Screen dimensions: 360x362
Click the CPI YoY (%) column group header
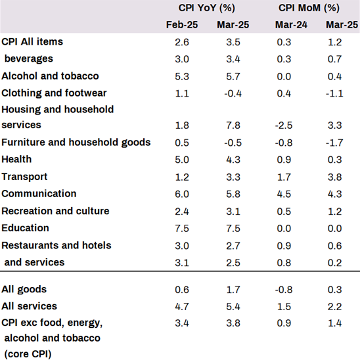pyautogui.click(x=207, y=8)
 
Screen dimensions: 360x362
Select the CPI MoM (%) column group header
pyautogui.click(x=309, y=8)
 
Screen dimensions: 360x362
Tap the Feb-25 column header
pyautogui.click(x=182, y=25)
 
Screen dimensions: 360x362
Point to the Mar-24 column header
pyautogui.click(x=291, y=25)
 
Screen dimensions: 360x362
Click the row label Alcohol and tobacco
pyautogui.click(x=50, y=76)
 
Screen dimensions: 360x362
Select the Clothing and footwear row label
pyautogui.click(x=54, y=93)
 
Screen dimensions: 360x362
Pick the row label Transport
pyautogui.click(x=24, y=177)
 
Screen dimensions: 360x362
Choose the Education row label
pyautogui.click(x=25, y=228)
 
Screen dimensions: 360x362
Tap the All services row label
pyautogui.click(x=29, y=306)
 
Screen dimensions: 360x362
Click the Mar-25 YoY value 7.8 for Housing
pyautogui.click(x=233, y=125)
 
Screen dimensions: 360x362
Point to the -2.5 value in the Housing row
pyautogui.click(x=284, y=125)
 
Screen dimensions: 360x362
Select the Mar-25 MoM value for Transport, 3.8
pyautogui.click(x=335, y=177)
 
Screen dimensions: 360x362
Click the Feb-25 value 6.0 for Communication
pyautogui.click(x=182, y=194)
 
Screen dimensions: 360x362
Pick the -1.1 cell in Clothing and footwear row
pyautogui.click(x=334, y=93)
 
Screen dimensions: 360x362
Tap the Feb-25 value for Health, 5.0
pyautogui.click(x=182, y=160)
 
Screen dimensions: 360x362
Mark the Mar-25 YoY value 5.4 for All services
pyautogui.click(x=233, y=307)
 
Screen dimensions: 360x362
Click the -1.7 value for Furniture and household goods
pyautogui.click(x=334, y=143)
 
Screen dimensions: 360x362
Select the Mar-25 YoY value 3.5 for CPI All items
pyautogui.click(x=233, y=42)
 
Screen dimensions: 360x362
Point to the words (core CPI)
pyautogui.click(x=28, y=354)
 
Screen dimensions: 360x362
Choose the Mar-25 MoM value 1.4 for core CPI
pyautogui.click(x=335, y=323)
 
